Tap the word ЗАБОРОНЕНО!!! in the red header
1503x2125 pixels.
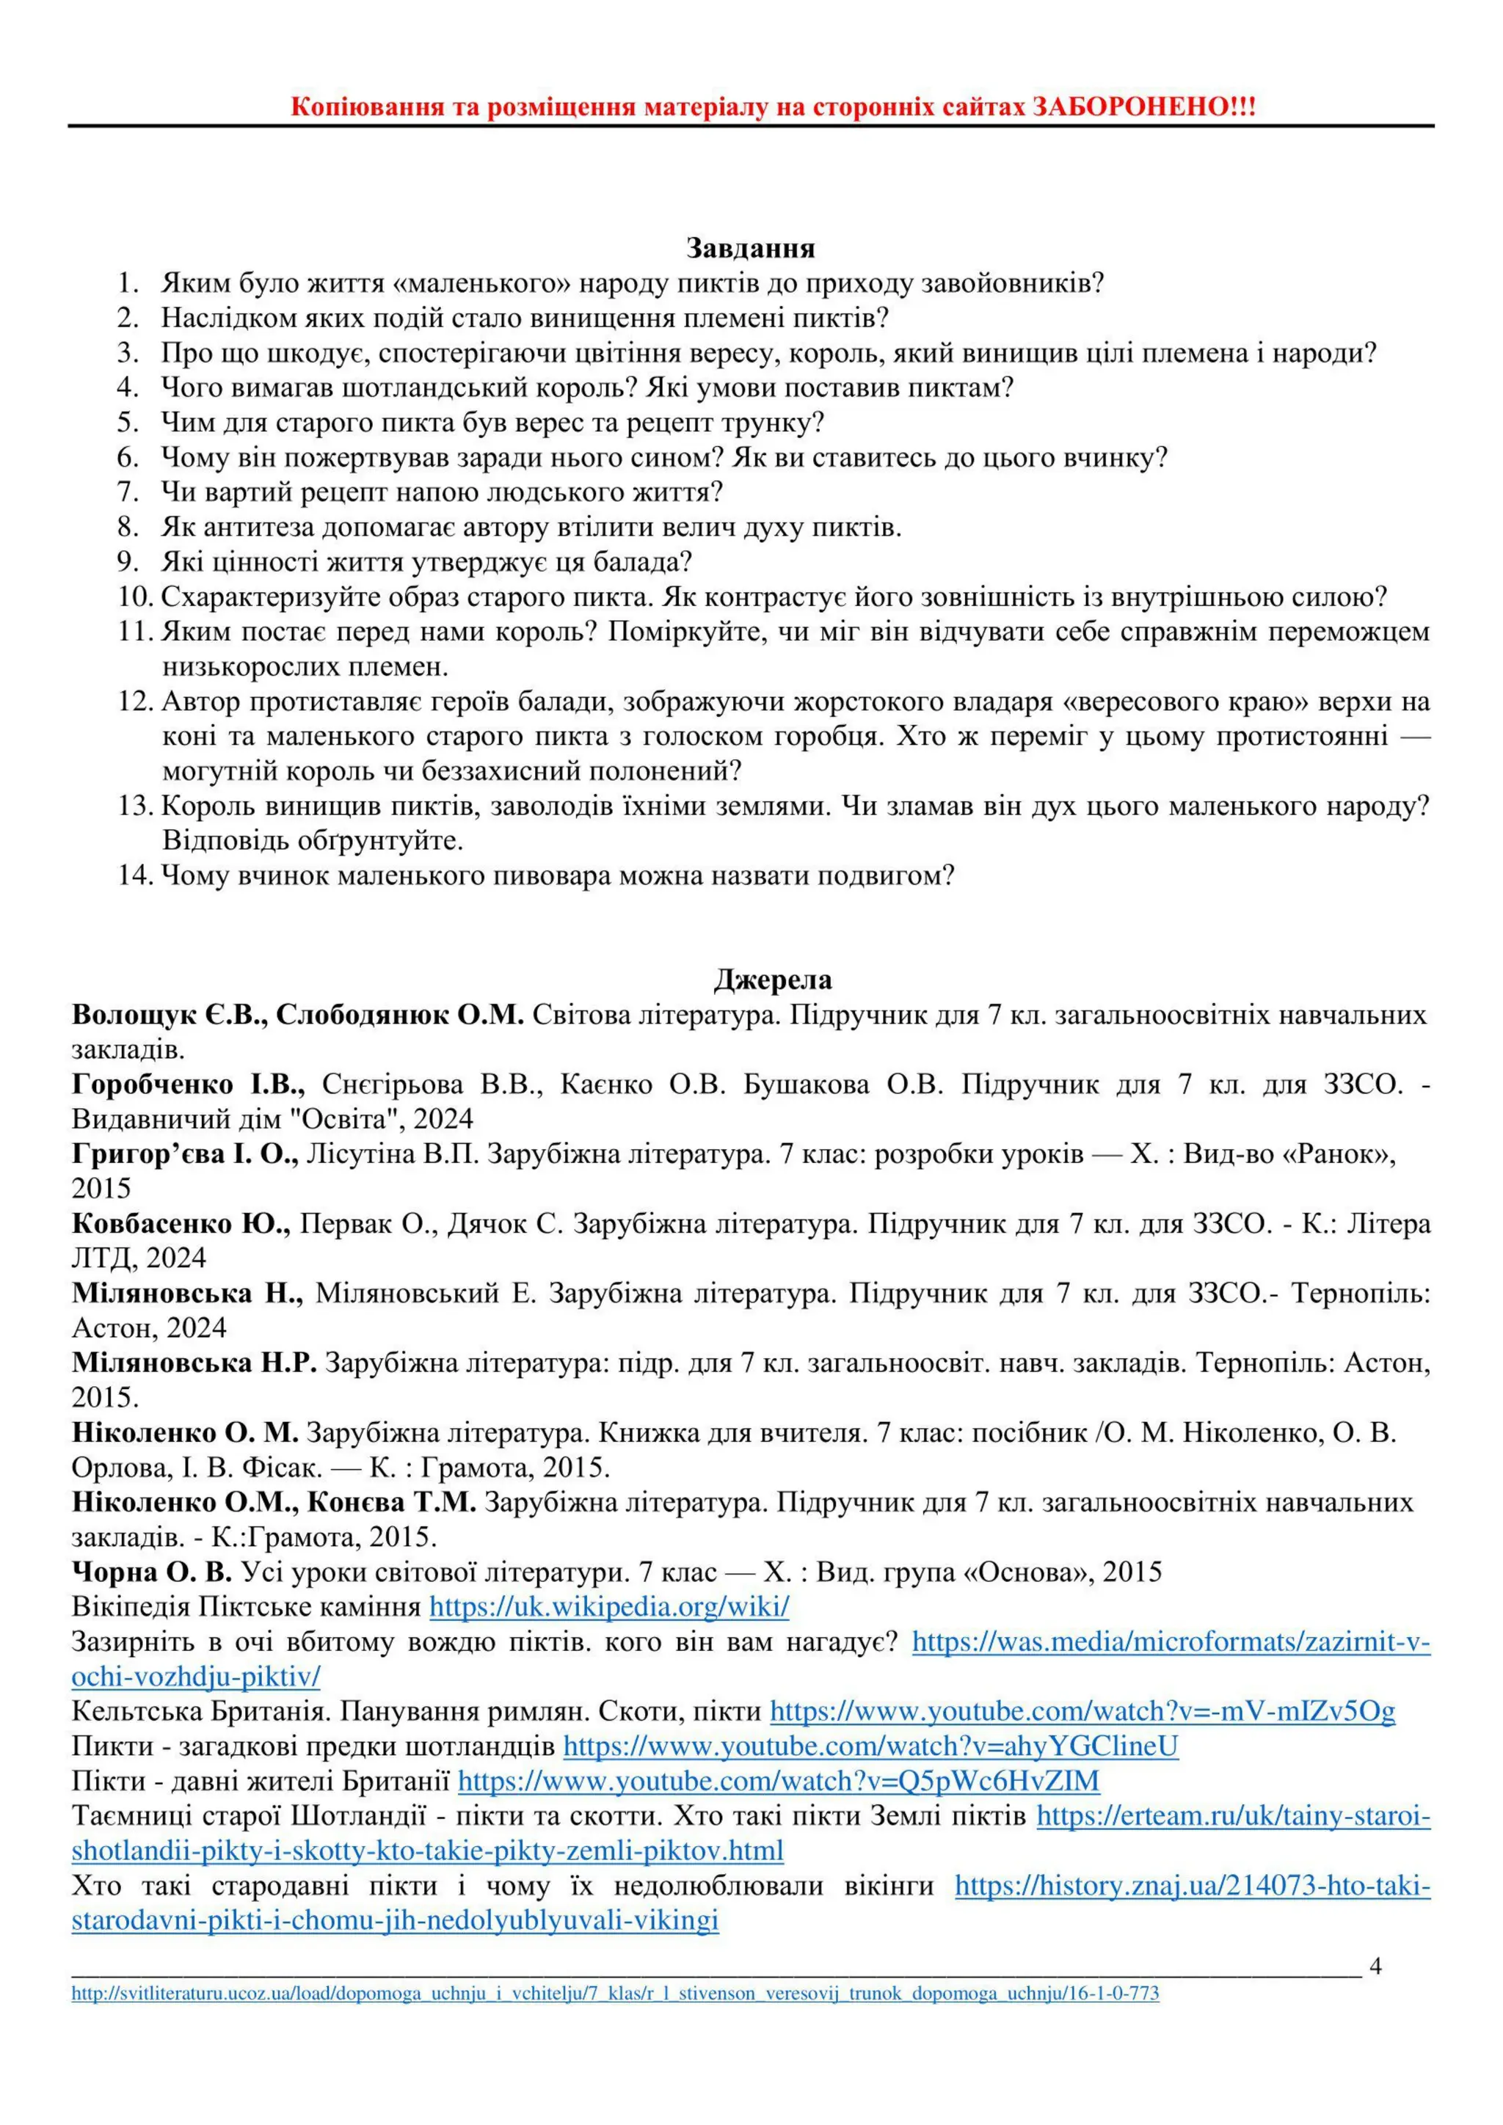[x=1144, y=106]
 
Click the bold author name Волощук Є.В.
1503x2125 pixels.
[x=169, y=1016]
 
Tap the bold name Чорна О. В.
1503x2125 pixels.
[x=152, y=1572]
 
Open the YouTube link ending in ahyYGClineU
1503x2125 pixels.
[x=870, y=1746]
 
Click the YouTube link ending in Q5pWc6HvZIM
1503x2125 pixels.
[x=779, y=1781]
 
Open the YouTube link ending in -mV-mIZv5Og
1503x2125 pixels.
[x=1082, y=1710]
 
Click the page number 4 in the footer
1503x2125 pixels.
[x=1375, y=1966]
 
